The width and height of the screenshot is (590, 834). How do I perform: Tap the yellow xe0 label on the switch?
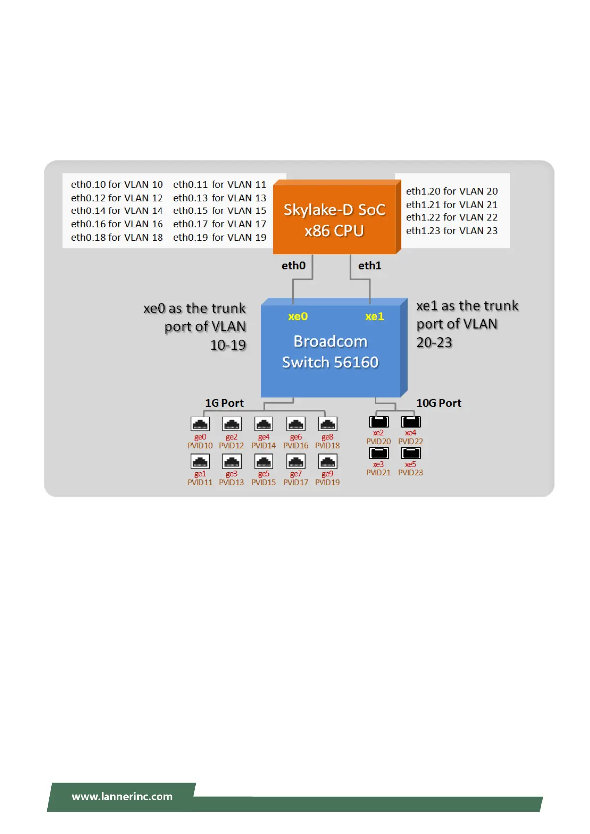point(298,316)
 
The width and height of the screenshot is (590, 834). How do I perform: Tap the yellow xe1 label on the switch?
point(375,316)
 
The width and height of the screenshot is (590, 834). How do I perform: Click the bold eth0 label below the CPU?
point(293,266)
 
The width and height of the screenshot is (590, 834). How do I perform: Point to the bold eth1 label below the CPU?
point(370,266)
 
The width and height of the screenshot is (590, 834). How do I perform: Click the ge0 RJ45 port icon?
point(200,424)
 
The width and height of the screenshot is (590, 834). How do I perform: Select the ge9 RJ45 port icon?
point(327,461)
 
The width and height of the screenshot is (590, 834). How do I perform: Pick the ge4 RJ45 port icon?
point(264,424)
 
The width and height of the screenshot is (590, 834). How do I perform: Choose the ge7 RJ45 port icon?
point(296,461)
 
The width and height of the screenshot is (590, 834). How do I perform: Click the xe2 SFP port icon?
point(378,421)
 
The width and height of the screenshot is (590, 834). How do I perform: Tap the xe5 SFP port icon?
point(411,453)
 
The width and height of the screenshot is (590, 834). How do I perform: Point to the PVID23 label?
point(411,473)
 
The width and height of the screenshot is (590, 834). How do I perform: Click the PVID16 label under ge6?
point(296,446)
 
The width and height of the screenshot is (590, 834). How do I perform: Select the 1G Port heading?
point(224,403)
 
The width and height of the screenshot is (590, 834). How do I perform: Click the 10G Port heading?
point(438,403)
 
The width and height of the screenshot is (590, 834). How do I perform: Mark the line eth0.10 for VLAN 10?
point(117,185)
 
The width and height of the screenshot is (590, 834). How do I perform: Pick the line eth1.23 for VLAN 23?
point(452,231)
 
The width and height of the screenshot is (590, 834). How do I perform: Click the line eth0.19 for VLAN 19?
point(219,238)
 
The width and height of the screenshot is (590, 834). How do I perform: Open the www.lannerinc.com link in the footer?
point(122,797)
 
